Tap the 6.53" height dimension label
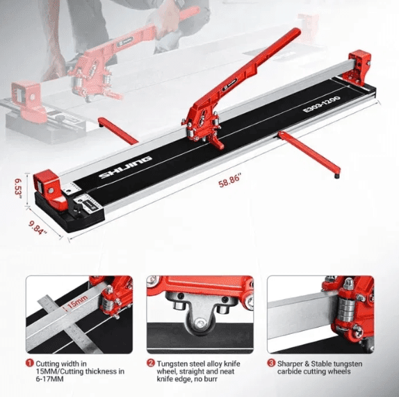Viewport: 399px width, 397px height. [18, 187]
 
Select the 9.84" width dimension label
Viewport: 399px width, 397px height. [38, 228]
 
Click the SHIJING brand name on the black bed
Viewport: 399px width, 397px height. [125, 167]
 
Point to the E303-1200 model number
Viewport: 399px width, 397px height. [321, 104]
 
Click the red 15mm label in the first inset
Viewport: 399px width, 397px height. [77, 301]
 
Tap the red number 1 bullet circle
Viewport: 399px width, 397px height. [29, 363]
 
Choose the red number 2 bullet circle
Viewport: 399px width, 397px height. [151, 363]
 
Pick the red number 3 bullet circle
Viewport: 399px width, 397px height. [271, 363]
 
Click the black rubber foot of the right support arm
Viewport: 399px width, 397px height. [336, 176]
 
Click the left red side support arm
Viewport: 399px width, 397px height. [117, 130]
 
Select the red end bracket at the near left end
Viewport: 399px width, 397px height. [49, 189]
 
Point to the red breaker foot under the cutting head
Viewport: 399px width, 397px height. [216, 143]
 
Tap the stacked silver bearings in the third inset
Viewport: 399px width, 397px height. [345, 310]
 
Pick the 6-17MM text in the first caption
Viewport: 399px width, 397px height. [49, 379]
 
